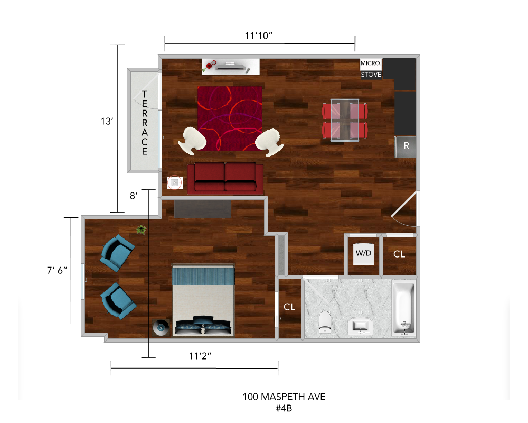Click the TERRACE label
click(x=145, y=123)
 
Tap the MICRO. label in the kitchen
click(x=371, y=63)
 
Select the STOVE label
click(x=371, y=75)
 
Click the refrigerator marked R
click(x=406, y=147)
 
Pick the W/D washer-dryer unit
click(x=363, y=253)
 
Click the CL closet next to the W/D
click(x=399, y=254)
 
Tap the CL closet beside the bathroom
click(x=289, y=307)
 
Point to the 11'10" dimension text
click(x=259, y=35)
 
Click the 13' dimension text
click(x=107, y=122)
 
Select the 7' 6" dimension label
click(x=57, y=270)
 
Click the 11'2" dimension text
click(x=200, y=356)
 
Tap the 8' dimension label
click(x=134, y=196)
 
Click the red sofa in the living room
click(x=225, y=178)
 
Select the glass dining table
click(x=345, y=120)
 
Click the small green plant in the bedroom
click(x=142, y=229)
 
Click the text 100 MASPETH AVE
click(x=284, y=397)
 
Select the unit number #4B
click(x=284, y=409)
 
